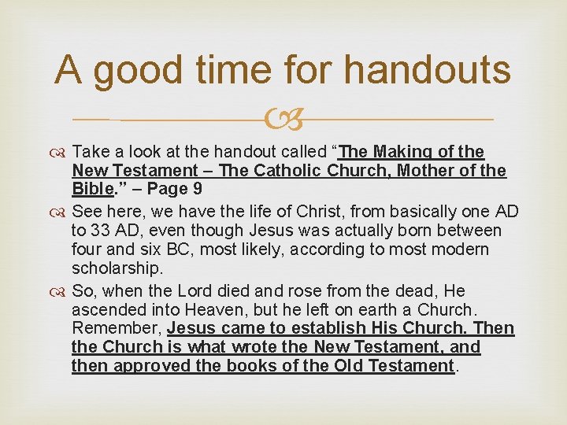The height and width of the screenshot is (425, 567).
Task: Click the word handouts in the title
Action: pyautogui.click(x=428, y=71)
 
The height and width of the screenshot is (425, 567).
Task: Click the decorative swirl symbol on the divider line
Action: pyautogui.click(x=283, y=120)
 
